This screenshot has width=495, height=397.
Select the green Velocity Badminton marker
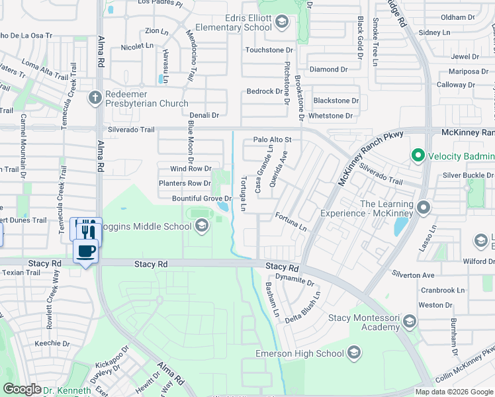[x=418, y=156]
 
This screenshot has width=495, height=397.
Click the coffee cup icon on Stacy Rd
[x=86, y=251]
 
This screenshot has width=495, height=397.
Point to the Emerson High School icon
[x=354, y=353]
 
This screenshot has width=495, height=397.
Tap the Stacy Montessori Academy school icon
[x=409, y=322]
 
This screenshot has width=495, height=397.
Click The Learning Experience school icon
[x=424, y=208]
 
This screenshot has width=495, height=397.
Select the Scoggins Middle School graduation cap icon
[x=201, y=226]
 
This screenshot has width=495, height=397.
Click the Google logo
[x=22, y=389]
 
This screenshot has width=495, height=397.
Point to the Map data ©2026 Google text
[x=453, y=392]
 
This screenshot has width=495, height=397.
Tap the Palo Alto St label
[x=273, y=140]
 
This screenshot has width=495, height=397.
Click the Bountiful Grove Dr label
[x=201, y=198]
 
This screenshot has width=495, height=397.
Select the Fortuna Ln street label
[x=291, y=222]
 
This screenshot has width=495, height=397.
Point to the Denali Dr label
[x=205, y=115]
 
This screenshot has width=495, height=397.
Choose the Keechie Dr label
[x=52, y=343]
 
